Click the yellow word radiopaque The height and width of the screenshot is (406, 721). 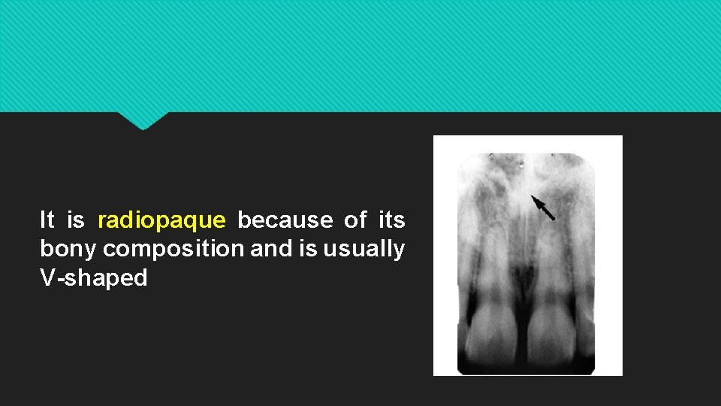pyautogui.click(x=161, y=220)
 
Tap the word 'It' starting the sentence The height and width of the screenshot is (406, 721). pyautogui.click(x=47, y=220)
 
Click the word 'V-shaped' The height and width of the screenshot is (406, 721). pyautogui.click(x=94, y=278)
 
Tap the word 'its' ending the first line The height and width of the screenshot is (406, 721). pyautogui.click(x=392, y=220)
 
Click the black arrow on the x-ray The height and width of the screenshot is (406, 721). pyautogui.click(x=543, y=208)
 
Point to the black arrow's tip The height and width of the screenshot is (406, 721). pyautogui.click(x=532, y=197)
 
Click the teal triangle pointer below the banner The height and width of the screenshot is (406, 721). pyautogui.click(x=143, y=120)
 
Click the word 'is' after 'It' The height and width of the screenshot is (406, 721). pyautogui.click(x=76, y=220)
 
